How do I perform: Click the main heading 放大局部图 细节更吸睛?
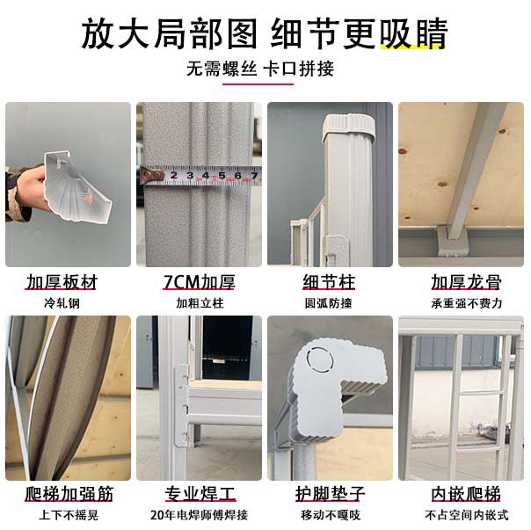(265, 34)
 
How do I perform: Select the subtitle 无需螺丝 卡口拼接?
(260, 69)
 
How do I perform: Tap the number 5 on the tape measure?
(222, 176)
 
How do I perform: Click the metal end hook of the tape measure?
(152, 175)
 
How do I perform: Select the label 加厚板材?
(62, 282)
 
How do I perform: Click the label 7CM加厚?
(199, 282)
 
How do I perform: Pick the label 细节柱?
(329, 282)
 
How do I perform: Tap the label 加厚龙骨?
(466, 282)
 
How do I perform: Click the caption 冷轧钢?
(62, 303)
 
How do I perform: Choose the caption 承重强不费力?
(466, 303)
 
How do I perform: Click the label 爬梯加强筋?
(69, 494)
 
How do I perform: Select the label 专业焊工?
(200, 494)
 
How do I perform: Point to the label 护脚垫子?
(330, 494)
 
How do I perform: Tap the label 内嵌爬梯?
(466, 494)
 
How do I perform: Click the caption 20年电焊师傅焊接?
(199, 515)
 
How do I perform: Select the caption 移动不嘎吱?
(331, 515)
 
